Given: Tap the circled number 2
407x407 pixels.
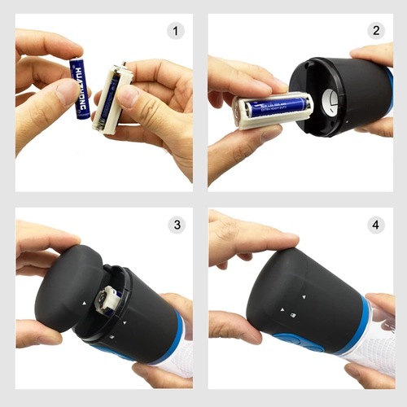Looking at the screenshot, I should coord(375,32).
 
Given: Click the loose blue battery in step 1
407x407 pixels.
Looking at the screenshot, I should coord(81,88).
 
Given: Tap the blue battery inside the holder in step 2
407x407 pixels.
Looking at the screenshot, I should coord(277,105).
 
